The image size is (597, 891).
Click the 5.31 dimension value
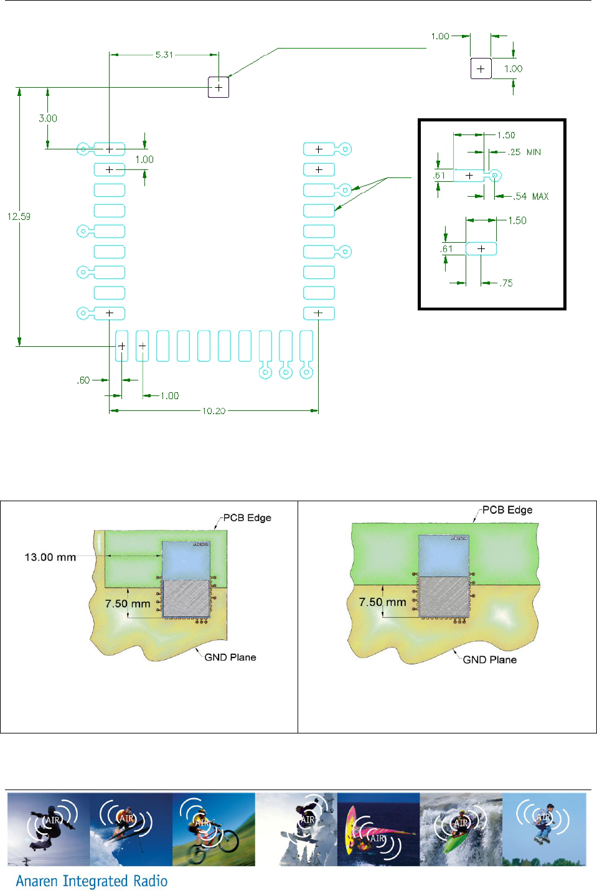164,55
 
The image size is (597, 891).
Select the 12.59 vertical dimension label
19,217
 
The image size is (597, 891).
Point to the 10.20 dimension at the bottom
214,411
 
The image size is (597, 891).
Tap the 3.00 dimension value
48,118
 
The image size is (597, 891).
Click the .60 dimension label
83,380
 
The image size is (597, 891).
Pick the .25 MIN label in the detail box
524,152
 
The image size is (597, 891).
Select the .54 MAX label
531,196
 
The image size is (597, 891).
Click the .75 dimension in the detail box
507,283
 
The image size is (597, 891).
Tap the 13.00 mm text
50,557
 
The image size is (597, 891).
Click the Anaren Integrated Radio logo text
92,881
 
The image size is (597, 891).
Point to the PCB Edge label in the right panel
507,510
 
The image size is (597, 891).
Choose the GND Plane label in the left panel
230,657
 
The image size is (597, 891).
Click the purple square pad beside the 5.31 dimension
219,87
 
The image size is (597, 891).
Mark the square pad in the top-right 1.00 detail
481,68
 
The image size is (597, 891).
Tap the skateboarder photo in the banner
49,829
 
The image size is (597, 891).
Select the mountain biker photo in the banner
214,829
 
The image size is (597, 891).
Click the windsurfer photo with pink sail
378,829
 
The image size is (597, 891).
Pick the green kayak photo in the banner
461,829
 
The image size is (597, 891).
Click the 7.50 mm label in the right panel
382,602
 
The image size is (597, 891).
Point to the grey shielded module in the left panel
186,599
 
